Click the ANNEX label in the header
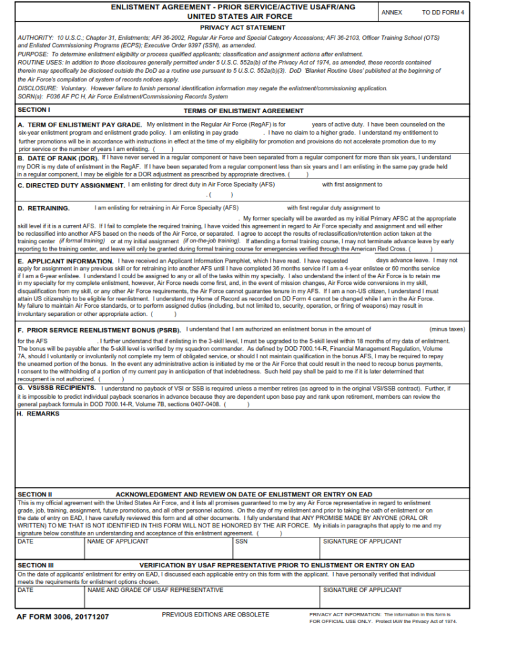click(391, 12)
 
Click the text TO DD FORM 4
click(443, 12)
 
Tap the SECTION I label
click(34, 109)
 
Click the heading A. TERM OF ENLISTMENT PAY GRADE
click(80, 125)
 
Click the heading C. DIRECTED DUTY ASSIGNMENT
click(71, 185)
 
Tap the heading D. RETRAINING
click(44, 208)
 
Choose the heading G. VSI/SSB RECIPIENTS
click(57, 389)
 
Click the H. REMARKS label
click(38, 414)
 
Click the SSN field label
click(242, 541)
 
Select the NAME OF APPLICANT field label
click(118, 541)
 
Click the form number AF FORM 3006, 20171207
click(63, 616)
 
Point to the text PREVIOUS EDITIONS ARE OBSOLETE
click(215, 614)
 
